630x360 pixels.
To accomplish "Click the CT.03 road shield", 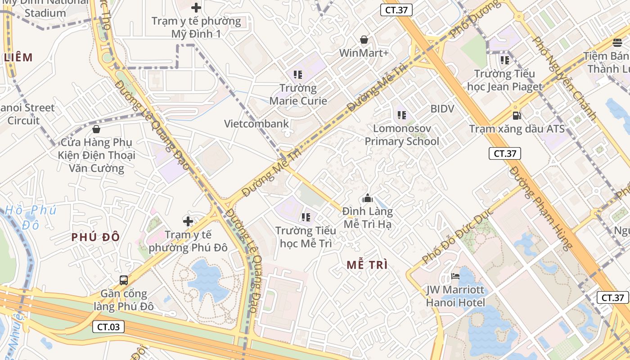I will pos(108,327).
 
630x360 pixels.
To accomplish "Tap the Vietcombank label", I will pos(256,124).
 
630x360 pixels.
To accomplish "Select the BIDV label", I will pos(442,108).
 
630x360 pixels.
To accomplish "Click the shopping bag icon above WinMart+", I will pos(364,40).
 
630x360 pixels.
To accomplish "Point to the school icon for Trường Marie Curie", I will pos(297,74).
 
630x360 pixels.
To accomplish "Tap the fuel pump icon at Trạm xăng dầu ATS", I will pos(517,116).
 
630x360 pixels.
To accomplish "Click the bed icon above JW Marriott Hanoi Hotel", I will pos(455,276).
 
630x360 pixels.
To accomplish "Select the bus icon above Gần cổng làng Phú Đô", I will pos(124,280).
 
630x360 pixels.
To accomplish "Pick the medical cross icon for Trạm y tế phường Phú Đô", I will pos(188,221).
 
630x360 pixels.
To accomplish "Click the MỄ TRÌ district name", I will pos(367,265).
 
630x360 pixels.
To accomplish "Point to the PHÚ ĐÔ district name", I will pos(96,237).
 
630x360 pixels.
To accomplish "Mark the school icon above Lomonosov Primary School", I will pos(402,115).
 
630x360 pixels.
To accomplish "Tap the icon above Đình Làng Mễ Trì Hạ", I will pos(368,198).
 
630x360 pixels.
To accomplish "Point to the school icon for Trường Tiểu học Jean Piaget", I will pos(504,60).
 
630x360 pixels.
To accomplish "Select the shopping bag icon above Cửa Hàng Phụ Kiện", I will pos(96,130).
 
